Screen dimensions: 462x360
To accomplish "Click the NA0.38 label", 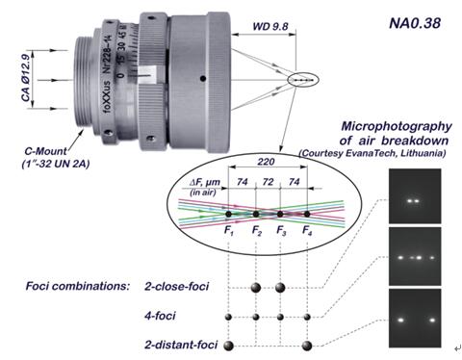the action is (415, 23).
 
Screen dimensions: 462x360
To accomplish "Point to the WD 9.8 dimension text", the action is (270, 26).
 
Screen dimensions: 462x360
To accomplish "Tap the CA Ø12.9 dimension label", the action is (26, 78).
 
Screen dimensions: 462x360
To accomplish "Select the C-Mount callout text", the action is (46, 151).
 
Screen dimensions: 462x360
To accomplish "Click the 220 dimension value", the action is (266, 162).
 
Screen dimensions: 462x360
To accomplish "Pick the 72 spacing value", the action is (268, 182).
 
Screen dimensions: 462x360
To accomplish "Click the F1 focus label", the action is (229, 231).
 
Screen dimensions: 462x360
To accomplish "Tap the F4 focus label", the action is (307, 231).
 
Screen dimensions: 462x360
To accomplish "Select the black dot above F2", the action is (256, 214).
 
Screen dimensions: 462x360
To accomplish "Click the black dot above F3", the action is (280, 214).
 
